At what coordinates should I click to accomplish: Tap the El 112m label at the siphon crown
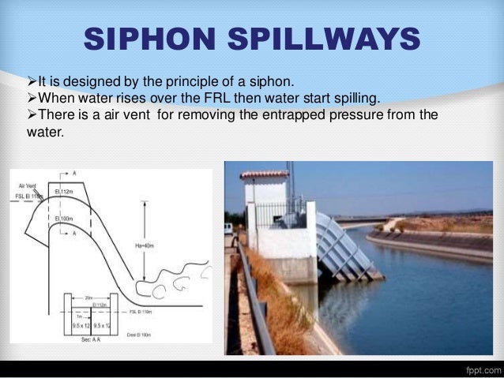click(66, 192)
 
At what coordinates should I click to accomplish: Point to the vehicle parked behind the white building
click(228, 229)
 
